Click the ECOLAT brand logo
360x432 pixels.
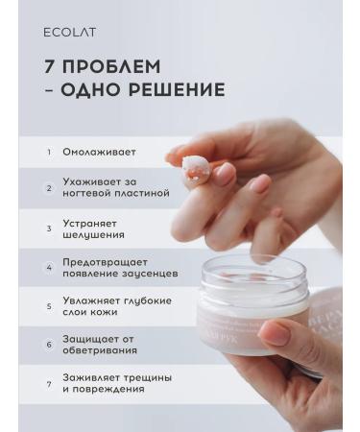70,32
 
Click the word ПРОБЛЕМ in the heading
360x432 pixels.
111,67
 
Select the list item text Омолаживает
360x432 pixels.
99,152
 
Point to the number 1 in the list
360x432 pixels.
49,152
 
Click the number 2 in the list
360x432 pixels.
49,187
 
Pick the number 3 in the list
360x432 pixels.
49,228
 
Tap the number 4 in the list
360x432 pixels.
49,267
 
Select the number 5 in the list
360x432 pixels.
49,307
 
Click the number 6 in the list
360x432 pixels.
49,344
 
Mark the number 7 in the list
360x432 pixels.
49,384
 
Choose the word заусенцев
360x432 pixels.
140,273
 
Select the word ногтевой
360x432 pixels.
88,193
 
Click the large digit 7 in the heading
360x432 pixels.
50,67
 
